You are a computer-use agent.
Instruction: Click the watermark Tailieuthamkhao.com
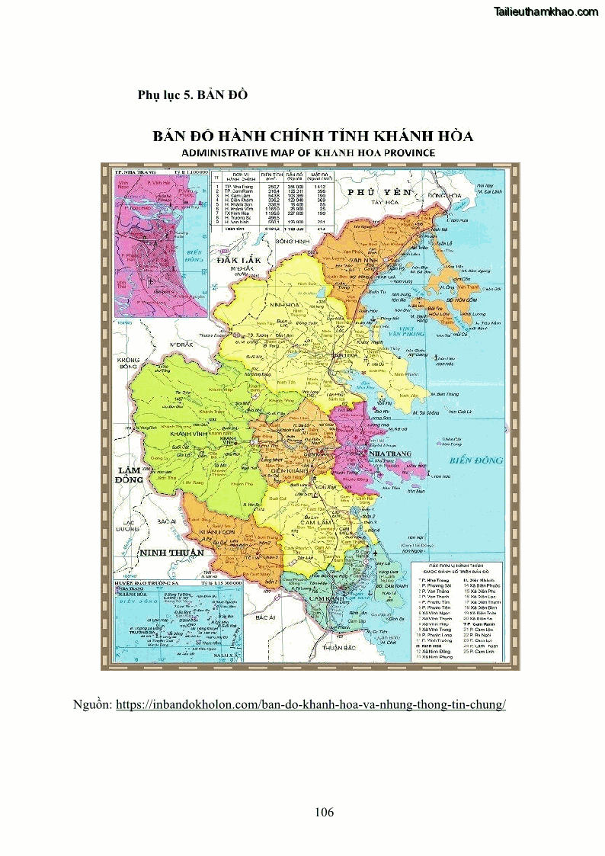pos(546,11)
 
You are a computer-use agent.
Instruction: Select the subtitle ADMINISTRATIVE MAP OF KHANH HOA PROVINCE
pos(308,152)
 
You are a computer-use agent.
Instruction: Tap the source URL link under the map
pos(310,704)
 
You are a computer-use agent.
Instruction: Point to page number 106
pos(324,812)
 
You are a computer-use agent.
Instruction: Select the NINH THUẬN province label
pos(171,552)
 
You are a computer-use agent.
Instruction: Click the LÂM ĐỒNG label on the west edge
pos(129,474)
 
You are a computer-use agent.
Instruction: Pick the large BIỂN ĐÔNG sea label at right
pos(475,460)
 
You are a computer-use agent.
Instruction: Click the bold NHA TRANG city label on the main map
pos(389,454)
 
